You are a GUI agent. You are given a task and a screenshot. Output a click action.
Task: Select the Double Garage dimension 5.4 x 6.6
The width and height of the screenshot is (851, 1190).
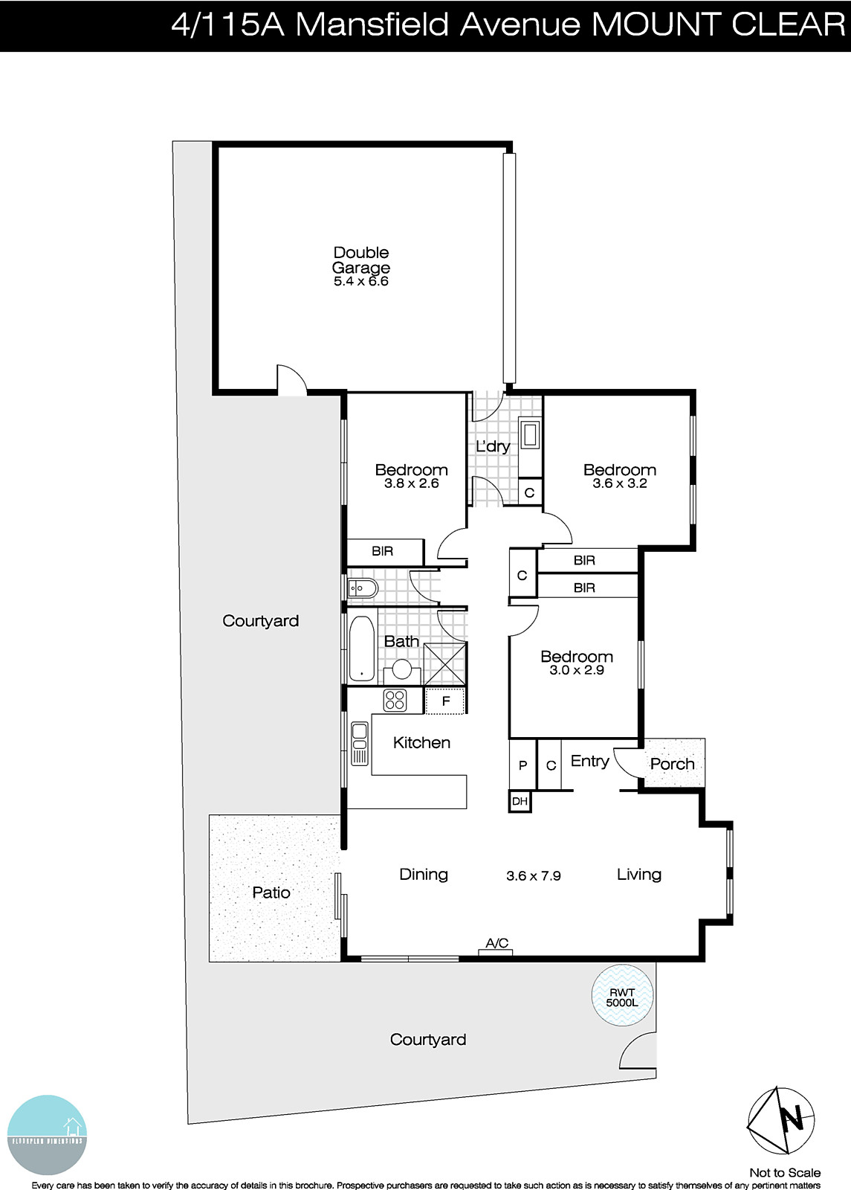click(361, 282)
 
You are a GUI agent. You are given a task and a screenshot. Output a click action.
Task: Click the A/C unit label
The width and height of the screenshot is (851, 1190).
click(496, 944)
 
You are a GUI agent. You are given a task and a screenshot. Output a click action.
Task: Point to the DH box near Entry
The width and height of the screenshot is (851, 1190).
click(520, 801)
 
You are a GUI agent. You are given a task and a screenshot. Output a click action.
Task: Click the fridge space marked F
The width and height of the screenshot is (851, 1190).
click(446, 701)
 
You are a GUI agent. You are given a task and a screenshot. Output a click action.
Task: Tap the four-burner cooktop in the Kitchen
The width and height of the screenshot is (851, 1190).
click(395, 700)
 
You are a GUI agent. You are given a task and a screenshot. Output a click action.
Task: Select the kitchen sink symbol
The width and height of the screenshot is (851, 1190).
click(360, 743)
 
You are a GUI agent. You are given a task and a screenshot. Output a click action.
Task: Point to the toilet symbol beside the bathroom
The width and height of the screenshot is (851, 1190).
click(362, 588)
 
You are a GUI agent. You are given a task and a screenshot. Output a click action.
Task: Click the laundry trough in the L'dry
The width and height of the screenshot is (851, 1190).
click(529, 435)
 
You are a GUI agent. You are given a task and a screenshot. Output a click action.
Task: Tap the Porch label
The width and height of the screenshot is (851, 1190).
click(672, 764)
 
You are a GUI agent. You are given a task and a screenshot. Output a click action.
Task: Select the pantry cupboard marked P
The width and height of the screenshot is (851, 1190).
click(522, 765)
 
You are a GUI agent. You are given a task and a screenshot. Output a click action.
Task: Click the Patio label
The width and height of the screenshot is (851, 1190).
click(271, 892)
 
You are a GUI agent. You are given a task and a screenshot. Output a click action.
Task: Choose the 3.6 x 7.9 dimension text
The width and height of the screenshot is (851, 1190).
click(534, 876)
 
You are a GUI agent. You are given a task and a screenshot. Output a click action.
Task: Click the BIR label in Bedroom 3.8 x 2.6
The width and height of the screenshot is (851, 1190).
click(382, 552)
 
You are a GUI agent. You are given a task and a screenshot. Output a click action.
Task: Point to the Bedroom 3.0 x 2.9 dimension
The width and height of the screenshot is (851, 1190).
click(577, 670)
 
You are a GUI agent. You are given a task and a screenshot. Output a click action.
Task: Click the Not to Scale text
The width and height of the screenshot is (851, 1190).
click(785, 1173)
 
